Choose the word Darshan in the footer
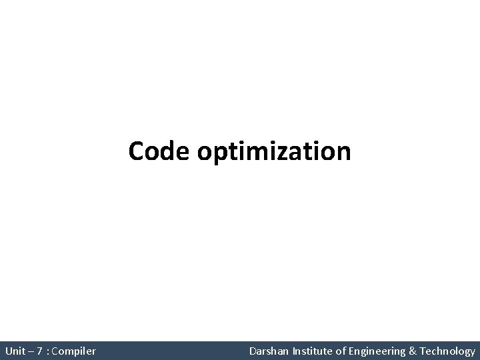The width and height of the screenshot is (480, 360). point(268,351)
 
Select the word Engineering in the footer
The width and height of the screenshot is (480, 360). point(377,351)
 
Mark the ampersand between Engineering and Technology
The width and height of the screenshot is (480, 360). point(414,351)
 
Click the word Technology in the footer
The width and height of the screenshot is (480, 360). point(449,351)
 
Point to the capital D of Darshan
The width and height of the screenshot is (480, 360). point(253,351)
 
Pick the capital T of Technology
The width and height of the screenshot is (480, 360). point(425,351)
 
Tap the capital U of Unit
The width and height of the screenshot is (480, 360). point(8,351)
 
